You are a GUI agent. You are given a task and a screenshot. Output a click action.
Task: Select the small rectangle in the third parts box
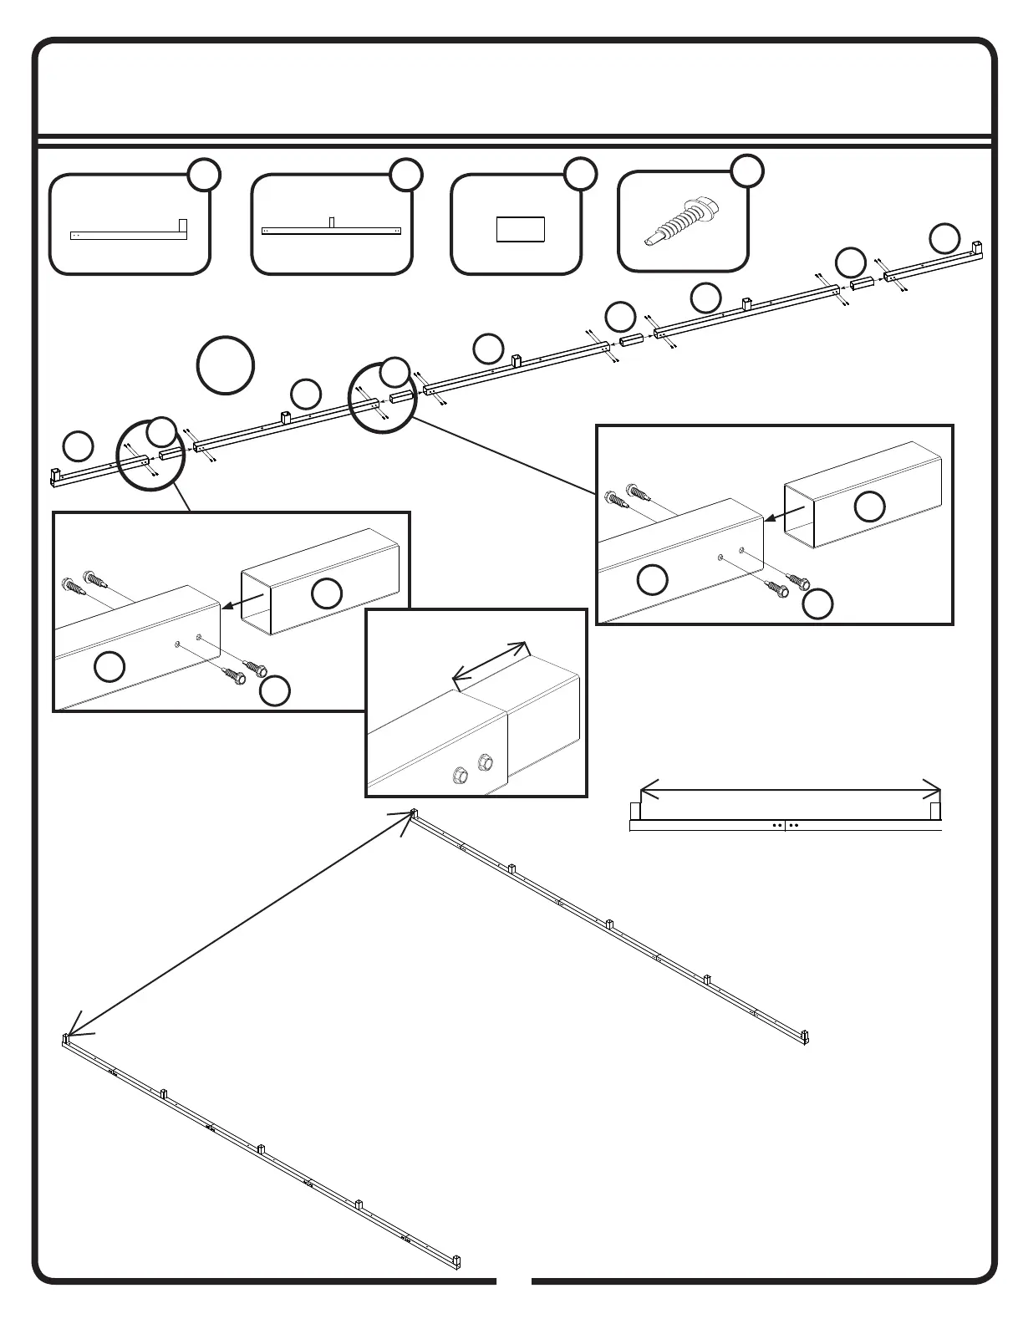520,229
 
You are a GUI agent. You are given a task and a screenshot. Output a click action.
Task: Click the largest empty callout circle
226,365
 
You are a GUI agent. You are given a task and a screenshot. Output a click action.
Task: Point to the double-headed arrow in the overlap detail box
491,665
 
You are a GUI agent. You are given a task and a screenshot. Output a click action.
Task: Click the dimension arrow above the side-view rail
790,790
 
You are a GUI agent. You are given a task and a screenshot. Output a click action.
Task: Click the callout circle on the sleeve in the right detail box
870,507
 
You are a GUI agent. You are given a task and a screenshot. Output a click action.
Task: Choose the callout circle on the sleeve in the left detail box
327,593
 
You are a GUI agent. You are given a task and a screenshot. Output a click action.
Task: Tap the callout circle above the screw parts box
747,171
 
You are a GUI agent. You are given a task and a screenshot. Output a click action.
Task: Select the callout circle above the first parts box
204,175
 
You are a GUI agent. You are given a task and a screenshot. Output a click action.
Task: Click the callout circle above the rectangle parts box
580,174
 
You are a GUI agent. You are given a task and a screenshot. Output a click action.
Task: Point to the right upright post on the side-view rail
935,810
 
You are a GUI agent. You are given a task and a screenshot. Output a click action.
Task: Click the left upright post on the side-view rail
634,810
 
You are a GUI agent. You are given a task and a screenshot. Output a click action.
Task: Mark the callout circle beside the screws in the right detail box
817,604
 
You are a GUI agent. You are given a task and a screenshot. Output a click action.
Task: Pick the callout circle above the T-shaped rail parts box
405,175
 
